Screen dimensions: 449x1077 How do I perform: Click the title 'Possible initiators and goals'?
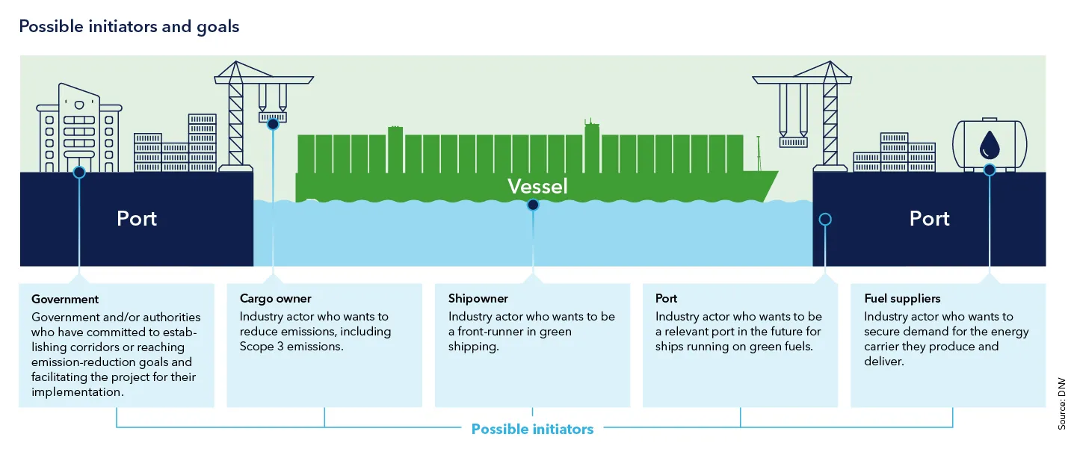pyautogui.click(x=129, y=27)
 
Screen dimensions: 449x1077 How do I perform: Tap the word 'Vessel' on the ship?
pyautogui.click(x=537, y=186)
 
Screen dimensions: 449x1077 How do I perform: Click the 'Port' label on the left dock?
pyautogui.click(x=137, y=219)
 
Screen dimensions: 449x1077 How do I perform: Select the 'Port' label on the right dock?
pyautogui.click(x=929, y=219)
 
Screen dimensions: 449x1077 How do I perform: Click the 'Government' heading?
pyautogui.click(x=65, y=299)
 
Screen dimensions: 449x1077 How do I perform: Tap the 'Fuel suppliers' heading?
pyautogui.click(x=902, y=299)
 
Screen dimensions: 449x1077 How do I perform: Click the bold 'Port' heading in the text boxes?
pyautogui.click(x=667, y=299)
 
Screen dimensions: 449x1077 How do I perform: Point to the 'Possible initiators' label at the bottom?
pyautogui.click(x=532, y=429)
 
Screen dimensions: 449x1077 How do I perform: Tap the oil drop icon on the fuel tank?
pyautogui.click(x=989, y=143)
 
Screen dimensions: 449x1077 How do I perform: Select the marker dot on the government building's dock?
pyautogui.click(x=79, y=172)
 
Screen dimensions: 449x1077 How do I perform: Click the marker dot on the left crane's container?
pyautogui.click(x=273, y=124)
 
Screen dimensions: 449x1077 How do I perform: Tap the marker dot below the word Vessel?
pyautogui.click(x=532, y=205)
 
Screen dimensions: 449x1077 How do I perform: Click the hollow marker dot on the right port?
pyautogui.click(x=825, y=219)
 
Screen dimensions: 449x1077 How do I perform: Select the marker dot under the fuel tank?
pyautogui.click(x=990, y=170)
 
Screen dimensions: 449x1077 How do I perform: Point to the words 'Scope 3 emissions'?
pyautogui.click(x=291, y=347)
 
